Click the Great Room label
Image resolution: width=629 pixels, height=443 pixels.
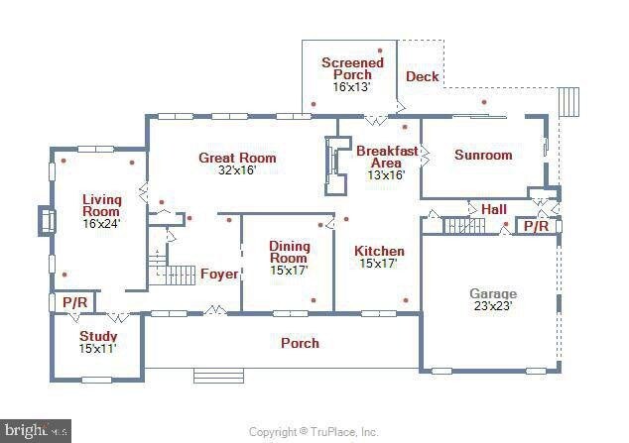237,158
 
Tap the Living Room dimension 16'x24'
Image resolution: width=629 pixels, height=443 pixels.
101,224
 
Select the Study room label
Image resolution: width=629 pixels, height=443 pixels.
98,336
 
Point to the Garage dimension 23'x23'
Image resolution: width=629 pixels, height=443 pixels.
493,306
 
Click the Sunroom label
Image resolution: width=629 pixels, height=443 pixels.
483,155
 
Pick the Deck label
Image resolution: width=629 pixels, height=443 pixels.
422,76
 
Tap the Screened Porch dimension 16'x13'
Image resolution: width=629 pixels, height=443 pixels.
351,87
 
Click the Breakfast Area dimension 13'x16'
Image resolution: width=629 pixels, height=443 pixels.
386,175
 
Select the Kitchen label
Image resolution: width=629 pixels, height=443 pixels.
379,251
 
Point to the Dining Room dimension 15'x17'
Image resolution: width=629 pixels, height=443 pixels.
290,271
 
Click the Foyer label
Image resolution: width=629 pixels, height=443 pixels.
219,274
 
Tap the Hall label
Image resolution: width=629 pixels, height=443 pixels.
494,209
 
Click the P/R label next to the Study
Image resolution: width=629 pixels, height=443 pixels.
75,302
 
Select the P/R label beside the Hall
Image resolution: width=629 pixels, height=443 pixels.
536,226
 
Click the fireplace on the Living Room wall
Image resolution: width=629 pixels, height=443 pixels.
46,221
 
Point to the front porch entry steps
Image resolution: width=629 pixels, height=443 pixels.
218,376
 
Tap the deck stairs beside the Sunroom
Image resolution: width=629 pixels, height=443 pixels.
568,102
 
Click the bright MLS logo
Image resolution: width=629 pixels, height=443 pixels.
36,431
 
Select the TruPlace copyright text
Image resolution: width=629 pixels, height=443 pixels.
314,432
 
